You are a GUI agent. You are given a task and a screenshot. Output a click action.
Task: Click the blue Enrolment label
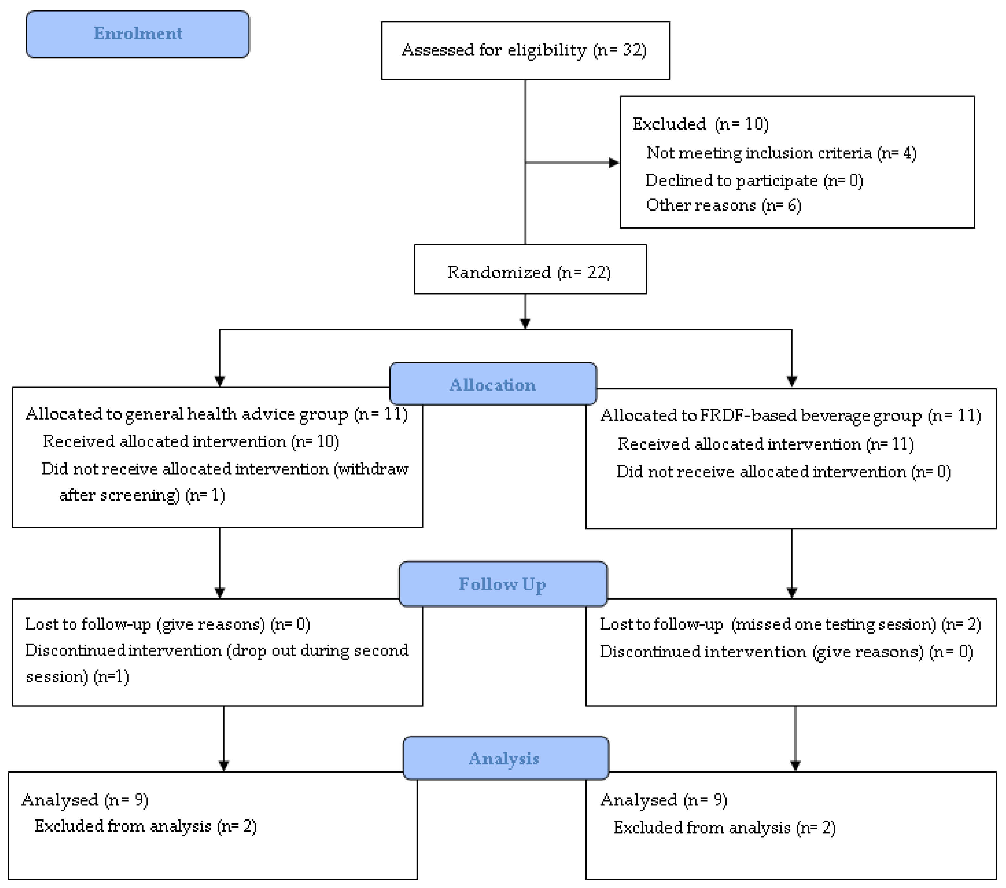pos(138,34)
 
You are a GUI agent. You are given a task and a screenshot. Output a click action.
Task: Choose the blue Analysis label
pos(506,758)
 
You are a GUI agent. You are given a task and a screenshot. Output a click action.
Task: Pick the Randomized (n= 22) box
pos(530,269)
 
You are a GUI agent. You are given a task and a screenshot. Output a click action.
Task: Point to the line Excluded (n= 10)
pos(701,124)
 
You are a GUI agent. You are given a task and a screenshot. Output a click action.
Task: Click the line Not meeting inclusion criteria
pos(782,153)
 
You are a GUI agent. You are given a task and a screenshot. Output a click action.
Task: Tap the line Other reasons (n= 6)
pos(724,205)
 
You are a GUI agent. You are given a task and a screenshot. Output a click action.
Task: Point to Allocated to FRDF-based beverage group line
pos(791,416)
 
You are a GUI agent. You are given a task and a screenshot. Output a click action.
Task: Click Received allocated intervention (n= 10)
pos(191,441)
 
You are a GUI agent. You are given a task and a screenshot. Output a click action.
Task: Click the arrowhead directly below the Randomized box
pos(525,324)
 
